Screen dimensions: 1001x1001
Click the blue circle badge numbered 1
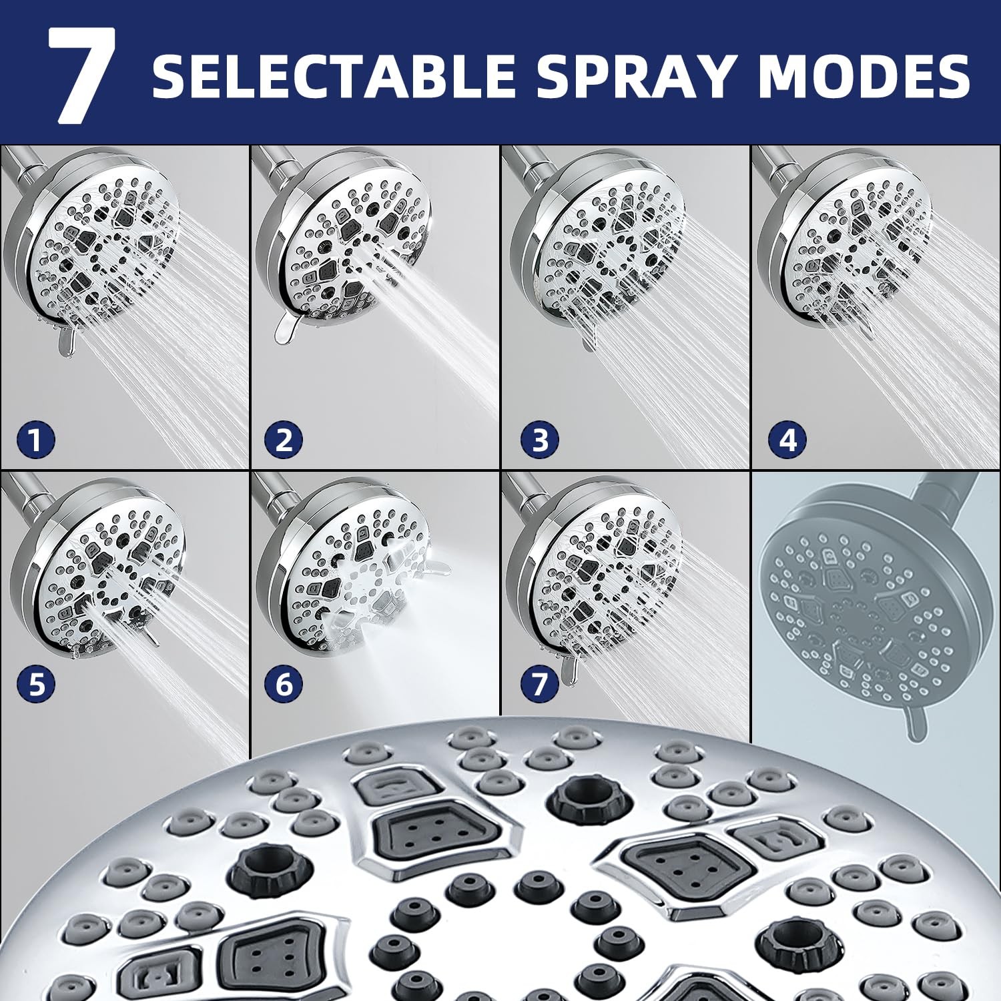coord(35,440)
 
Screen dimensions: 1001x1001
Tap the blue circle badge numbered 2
coord(284,440)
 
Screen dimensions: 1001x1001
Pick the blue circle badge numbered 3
coord(540,440)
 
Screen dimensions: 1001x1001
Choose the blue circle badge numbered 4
coord(787,440)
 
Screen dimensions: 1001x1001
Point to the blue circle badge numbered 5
coord(37,685)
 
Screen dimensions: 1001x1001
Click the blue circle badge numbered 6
coord(284,685)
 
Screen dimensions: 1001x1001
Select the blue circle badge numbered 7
coord(540,685)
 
